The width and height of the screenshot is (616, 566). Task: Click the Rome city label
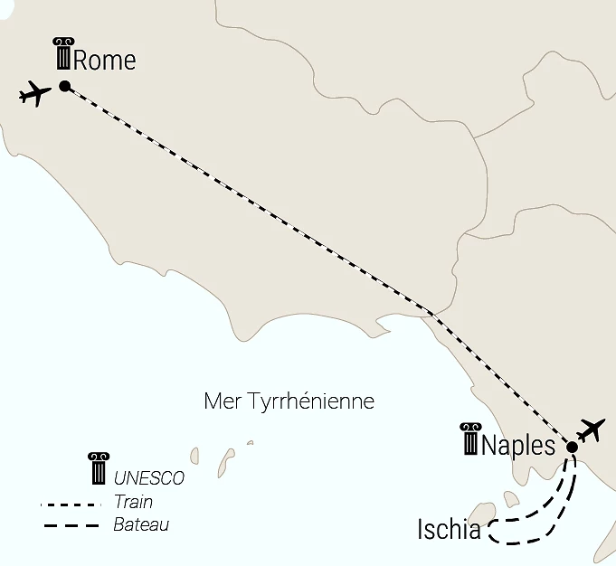(x=104, y=61)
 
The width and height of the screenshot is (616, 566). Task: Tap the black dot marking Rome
(x=65, y=86)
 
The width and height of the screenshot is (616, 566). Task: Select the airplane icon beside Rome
(x=34, y=93)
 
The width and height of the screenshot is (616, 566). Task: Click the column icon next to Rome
(x=62, y=54)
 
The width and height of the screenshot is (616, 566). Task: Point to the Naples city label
(x=518, y=445)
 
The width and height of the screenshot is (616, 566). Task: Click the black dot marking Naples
(x=572, y=447)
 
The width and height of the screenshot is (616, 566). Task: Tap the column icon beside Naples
(x=470, y=439)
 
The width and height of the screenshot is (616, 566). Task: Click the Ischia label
(x=449, y=530)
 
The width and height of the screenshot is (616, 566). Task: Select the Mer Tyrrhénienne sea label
(x=289, y=401)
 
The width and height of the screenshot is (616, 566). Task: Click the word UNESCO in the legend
(x=149, y=478)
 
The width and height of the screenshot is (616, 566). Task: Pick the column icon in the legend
(x=97, y=468)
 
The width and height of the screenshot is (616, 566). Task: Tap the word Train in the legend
(x=134, y=502)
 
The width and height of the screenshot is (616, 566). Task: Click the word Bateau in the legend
(x=141, y=524)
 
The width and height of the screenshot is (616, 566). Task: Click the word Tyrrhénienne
(x=308, y=401)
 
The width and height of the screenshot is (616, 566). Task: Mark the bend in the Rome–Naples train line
(x=431, y=312)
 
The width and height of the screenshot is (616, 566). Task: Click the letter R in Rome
(x=81, y=61)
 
